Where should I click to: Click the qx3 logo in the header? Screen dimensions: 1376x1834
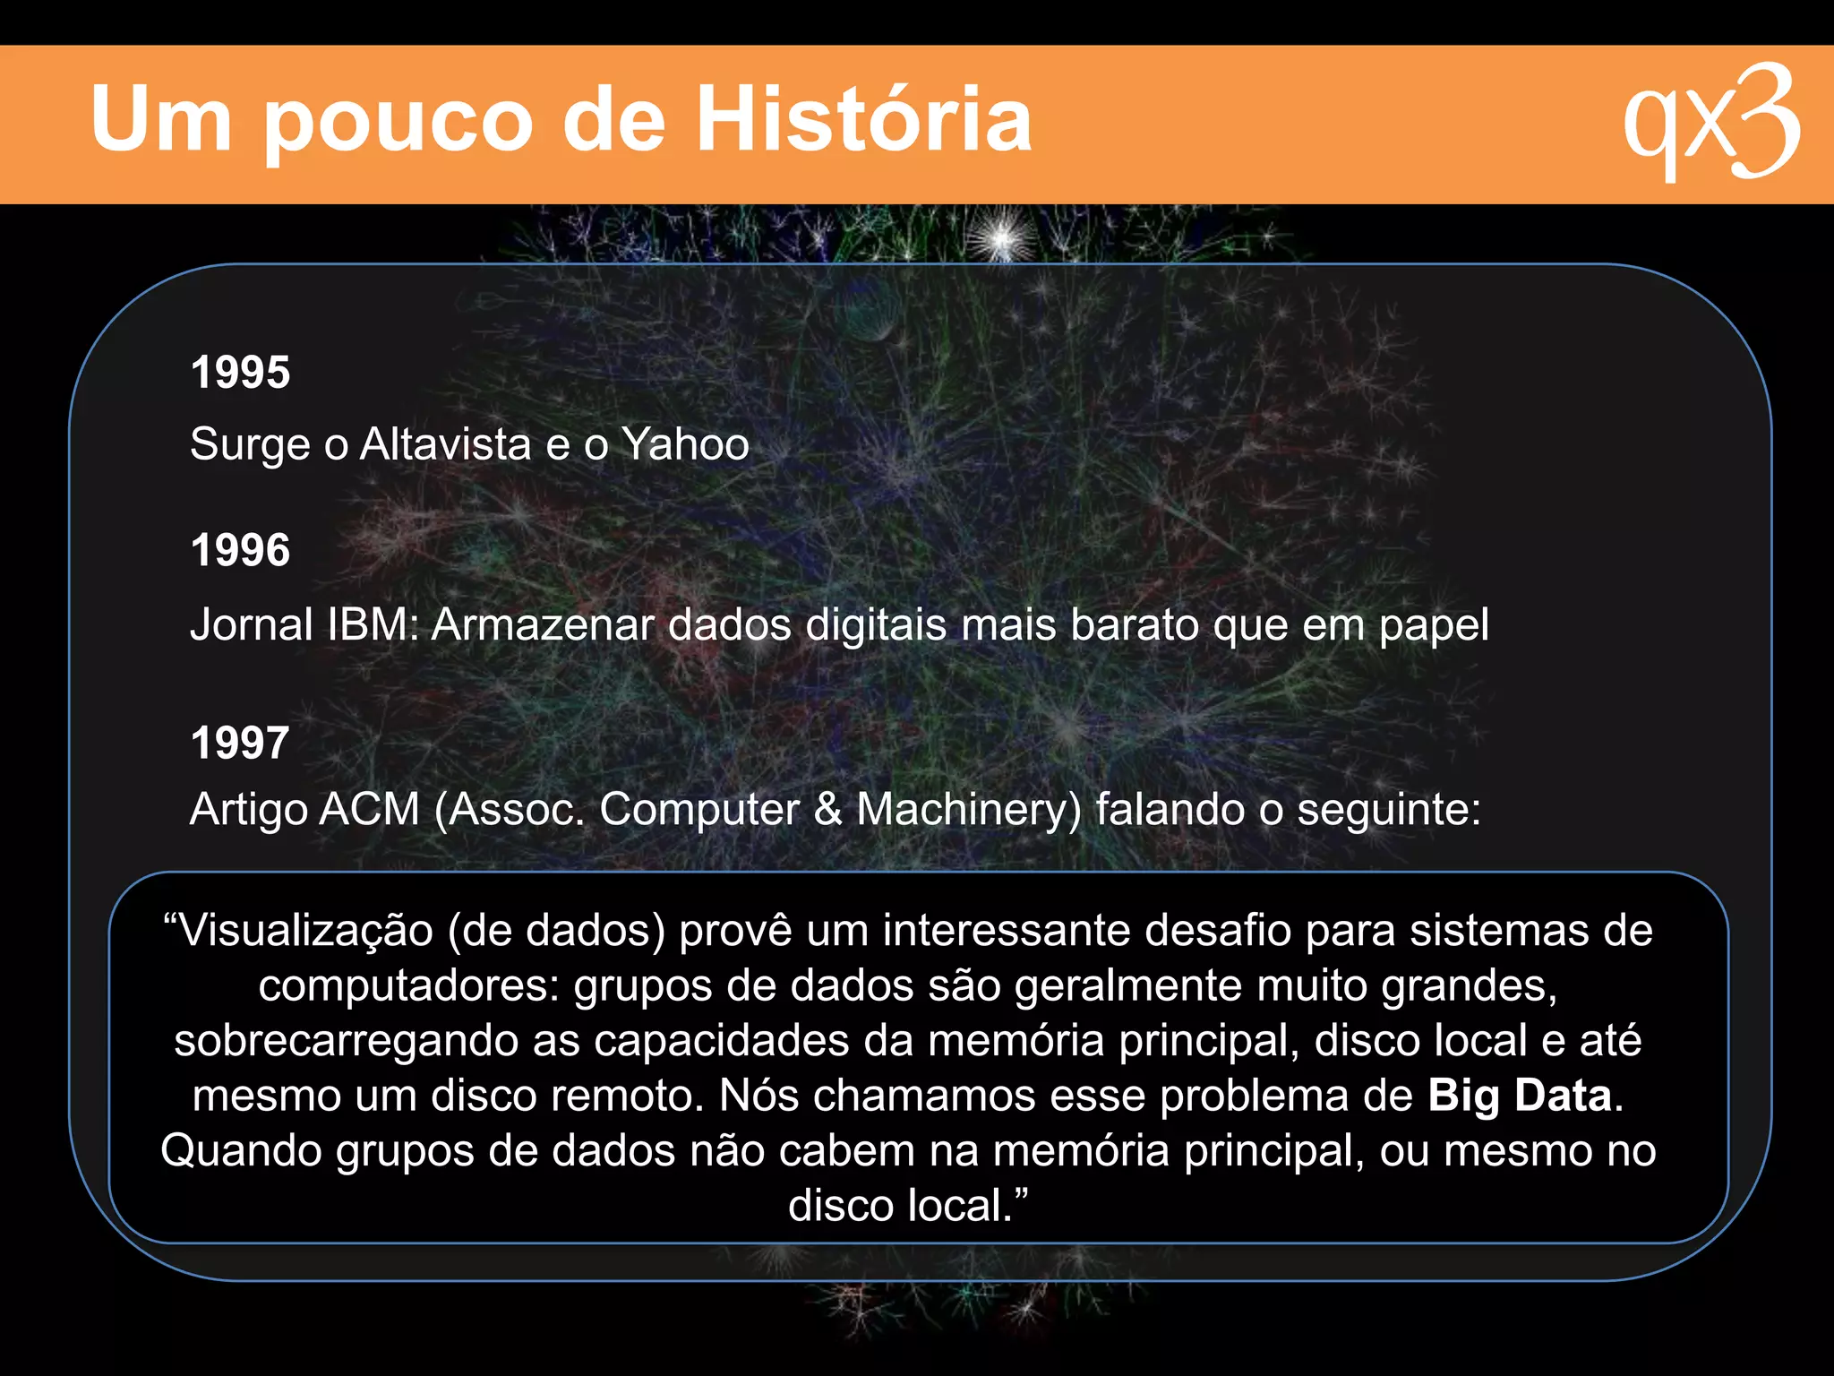[x=1710, y=122]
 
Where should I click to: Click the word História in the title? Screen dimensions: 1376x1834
[x=863, y=118]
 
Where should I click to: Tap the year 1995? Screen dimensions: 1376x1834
[x=240, y=372]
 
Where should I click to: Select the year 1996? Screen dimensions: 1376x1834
[x=240, y=549]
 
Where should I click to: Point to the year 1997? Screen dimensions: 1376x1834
[x=240, y=742]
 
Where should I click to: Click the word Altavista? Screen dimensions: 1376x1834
[x=445, y=443]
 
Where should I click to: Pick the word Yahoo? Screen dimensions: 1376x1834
[x=685, y=443]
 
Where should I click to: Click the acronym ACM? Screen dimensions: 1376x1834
[x=369, y=809]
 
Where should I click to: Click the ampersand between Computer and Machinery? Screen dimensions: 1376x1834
[x=828, y=809]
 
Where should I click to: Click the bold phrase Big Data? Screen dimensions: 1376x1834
[x=1519, y=1096]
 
